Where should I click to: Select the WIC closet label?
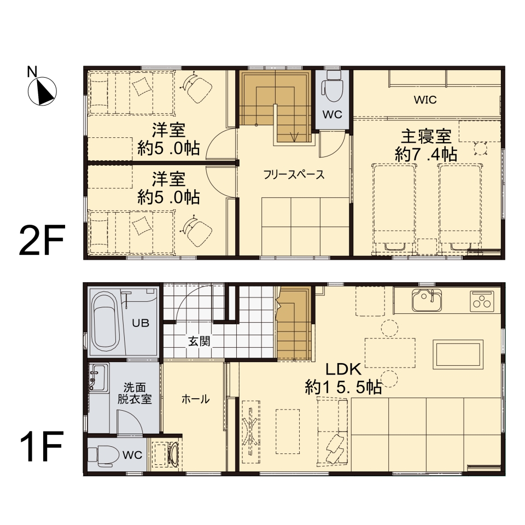click(424, 100)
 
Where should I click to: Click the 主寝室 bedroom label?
click(426, 135)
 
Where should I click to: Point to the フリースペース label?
click(294, 175)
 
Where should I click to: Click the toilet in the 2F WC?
click(332, 87)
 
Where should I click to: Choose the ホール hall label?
click(195, 399)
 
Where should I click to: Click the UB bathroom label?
click(140, 322)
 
